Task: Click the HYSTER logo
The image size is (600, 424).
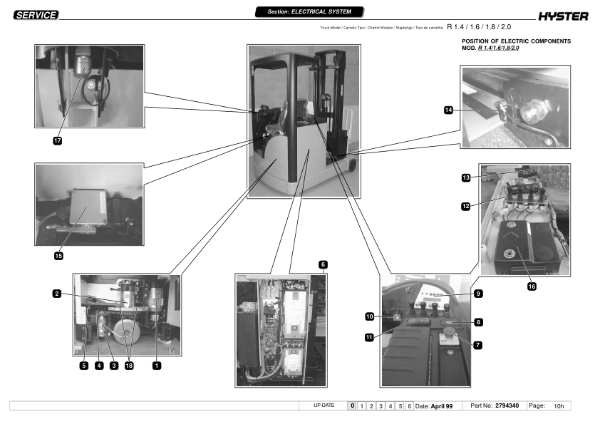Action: pyautogui.click(x=563, y=16)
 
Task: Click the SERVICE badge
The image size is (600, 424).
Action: pyautogui.click(x=36, y=15)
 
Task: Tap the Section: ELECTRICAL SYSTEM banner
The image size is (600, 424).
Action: pyautogui.click(x=309, y=12)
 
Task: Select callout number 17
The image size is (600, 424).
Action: pyautogui.click(x=58, y=141)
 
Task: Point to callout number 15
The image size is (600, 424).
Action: pyautogui.click(x=58, y=256)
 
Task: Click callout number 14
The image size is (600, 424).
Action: pyautogui.click(x=448, y=110)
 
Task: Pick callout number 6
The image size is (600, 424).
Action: pyautogui.click(x=323, y=264)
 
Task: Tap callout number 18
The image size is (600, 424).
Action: pyautogui.click(x=129, y=366)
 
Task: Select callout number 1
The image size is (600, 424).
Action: pyautogui.click(x=157, y=366)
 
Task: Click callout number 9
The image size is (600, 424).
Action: pyautogui.click(x=478, y=294)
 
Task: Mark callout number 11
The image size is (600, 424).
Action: pyautogui.click(x=369, y=337)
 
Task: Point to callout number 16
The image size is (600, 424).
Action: pyautogui.click(x=532, y=286)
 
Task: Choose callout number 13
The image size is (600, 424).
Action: pyautogui.click(x=466, y=177)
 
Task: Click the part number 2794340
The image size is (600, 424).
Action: pyautogui.click(x=507, y=405)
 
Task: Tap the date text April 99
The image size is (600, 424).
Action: pyautogui.click(x=442, y=406)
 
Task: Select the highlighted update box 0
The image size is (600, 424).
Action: pyautogui.click(x=352, y=405)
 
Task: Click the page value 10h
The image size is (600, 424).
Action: pyautogui.click(x=559, y=406)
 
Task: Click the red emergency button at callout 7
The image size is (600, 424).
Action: pyautogui.click(x=449, y=332)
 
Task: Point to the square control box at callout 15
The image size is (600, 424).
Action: pyautogui.click(x=88, y=207)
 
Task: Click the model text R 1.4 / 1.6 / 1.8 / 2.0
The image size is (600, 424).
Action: pyautogui.click(x=479, y=27)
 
